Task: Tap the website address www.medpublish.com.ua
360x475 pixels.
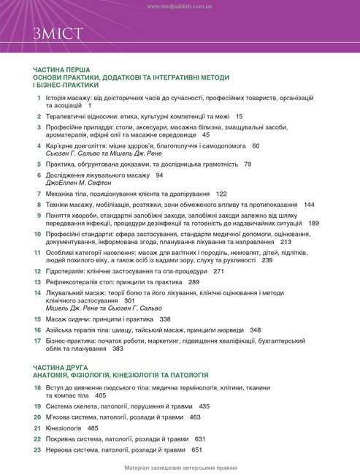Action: pos(180,6)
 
